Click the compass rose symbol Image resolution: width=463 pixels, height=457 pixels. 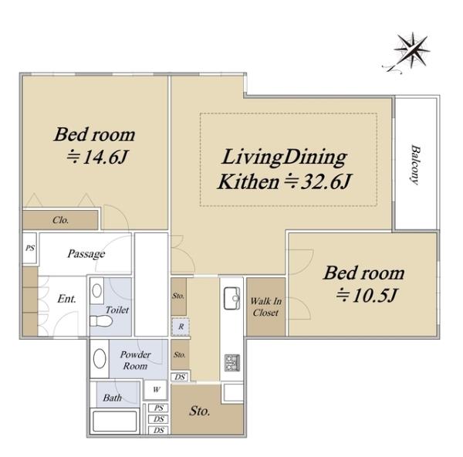[x=409, y=52]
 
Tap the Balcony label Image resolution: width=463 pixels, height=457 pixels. [x=415, y=164]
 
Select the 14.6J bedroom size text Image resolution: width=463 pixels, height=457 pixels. [x=97, y=157]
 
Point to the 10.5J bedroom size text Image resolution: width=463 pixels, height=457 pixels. [x=367, y=295]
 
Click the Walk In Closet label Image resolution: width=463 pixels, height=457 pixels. [x=265, y=307]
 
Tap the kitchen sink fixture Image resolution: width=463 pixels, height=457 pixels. [x=231, y=298]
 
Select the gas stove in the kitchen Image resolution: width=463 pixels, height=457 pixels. [x=231, y=363]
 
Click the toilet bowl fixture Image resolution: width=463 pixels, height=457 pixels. [x=100, y=321]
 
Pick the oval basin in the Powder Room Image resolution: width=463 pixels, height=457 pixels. [x=100, y=358]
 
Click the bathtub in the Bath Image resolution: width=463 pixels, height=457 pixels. [x=114, y=421]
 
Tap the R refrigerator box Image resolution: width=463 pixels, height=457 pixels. [x=181, y=327]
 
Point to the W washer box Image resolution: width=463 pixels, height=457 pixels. [x=156, y=390]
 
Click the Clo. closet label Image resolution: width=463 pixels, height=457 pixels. [x=60, y=220]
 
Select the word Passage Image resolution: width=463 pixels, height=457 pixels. [x=86, y=254]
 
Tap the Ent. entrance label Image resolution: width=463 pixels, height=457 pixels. [x=66, y=299]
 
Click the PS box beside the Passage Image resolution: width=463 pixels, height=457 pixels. [x=30, y=248]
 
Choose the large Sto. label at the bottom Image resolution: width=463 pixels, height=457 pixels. [x=200, y=411]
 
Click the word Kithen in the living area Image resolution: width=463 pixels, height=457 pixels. [x=248, y=182]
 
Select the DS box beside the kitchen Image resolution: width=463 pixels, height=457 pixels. [x=180, y=377]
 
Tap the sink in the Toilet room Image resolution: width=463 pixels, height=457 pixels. [x=97, y=291]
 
